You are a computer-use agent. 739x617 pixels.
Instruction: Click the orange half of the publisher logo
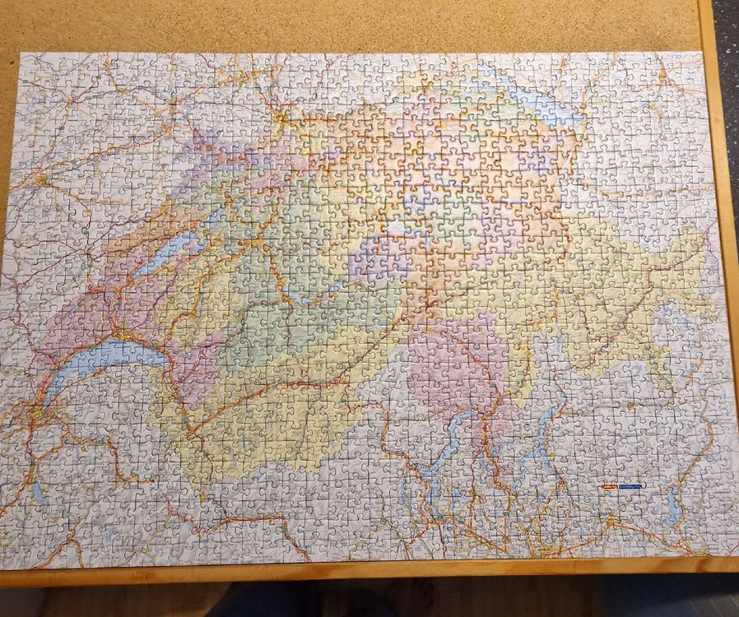point(610,486)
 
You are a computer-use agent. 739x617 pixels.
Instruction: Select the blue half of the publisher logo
point(632,486)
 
